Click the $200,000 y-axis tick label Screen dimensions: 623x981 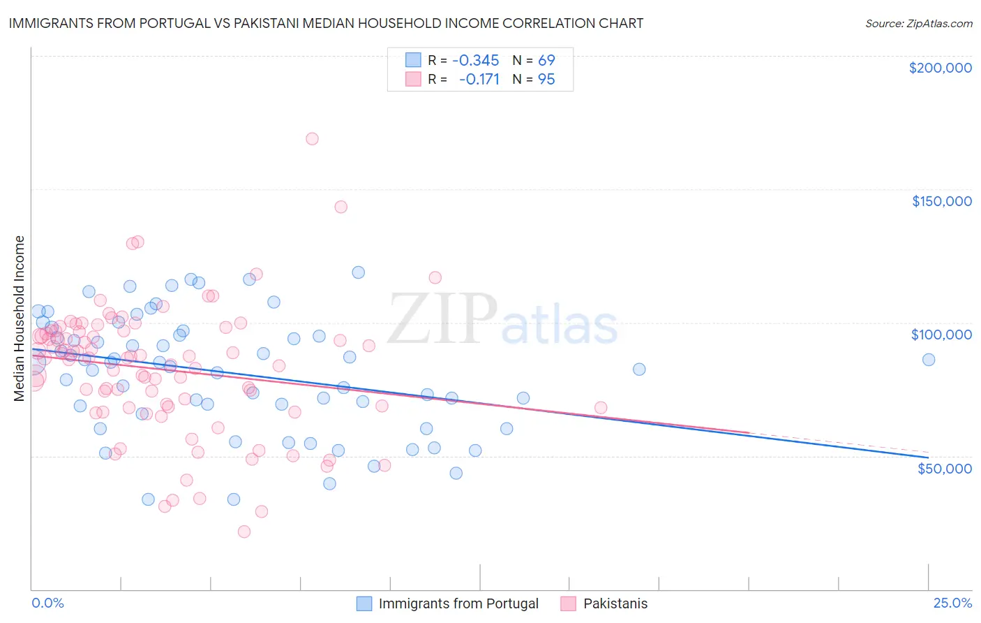tap(940, 68)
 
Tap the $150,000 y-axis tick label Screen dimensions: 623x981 tap(941, 201)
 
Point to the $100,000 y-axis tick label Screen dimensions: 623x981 tap(941, 335)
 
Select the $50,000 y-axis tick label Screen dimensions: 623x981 tap(944, 468)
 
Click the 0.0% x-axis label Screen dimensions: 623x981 tap(47, 603)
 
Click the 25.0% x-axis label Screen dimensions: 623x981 tap(952, 603)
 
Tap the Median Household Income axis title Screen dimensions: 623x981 tap(19, 318)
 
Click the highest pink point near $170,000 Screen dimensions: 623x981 tap(312, 139)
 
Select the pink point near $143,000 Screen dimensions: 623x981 tap(340, 207)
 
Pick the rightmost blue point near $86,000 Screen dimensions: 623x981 tap(928, 360)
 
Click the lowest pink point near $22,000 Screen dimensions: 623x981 tap(244, 532)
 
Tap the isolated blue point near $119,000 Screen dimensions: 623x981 tap(358, 272)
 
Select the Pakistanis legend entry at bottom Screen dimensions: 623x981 tap(615, 603)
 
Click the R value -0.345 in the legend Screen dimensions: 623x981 tap(475, 60)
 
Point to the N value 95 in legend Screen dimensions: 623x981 tap(546, 80)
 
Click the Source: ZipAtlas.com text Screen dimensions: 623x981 tap(918, 24)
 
